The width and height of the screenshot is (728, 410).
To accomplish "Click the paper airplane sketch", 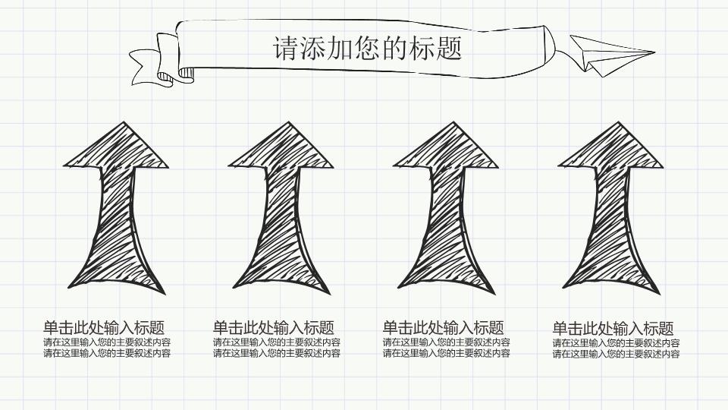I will click(607, 55).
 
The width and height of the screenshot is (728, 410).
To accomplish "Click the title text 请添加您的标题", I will click(367, 49).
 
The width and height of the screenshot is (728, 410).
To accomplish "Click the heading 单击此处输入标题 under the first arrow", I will click(104, 328).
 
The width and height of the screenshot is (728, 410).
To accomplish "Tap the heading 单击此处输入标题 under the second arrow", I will click(274, 328).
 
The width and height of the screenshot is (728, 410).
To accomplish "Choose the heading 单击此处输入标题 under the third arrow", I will click(444, 328).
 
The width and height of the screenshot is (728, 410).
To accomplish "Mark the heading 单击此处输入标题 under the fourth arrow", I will click(613, 329).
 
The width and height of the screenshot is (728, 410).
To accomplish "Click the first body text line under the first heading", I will click(107, 342).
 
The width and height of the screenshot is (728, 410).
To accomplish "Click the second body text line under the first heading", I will click(107, 353).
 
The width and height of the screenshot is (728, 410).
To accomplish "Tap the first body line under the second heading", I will click(277, 342).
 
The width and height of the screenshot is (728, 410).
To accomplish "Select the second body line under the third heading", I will click(447, 353).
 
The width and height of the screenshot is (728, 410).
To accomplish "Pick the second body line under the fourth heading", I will click(616, 354).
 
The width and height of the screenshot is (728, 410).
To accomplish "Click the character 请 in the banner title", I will click(285, 49).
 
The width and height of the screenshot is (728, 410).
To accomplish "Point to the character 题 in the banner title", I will click(450, 49).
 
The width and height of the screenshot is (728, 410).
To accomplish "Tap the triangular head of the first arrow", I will click(115, 148).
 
